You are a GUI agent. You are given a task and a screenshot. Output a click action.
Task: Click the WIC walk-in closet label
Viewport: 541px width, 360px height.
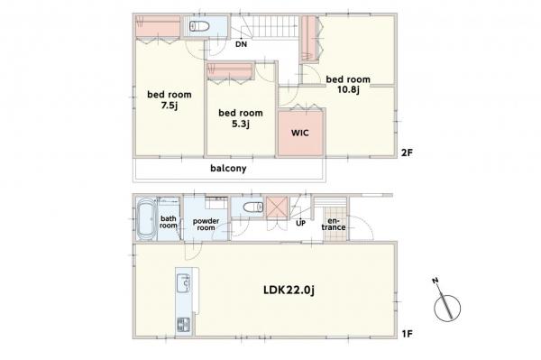coord(300,133)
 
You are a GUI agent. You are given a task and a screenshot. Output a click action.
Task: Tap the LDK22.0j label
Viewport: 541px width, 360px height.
coord(289,291)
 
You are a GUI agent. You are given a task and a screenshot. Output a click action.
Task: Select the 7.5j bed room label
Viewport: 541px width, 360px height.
coord(170,100)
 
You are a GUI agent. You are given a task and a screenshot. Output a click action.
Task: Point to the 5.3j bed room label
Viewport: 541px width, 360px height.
coord(241,118)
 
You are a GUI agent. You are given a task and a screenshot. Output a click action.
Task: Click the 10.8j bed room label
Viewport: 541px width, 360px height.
coord(348,85)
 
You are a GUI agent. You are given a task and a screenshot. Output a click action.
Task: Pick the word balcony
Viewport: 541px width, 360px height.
coord(228,169)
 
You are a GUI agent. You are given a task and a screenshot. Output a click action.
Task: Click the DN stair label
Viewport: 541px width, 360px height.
coord(241,44)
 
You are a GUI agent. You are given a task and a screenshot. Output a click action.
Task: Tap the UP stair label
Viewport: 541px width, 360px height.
coord(300,224)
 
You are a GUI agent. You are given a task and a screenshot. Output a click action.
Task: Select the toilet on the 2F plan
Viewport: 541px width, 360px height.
coord(199,26)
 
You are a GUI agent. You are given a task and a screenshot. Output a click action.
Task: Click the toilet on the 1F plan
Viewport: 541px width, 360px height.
coord(253,208)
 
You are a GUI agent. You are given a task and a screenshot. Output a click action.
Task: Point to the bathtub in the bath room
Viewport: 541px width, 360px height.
coord(146,218)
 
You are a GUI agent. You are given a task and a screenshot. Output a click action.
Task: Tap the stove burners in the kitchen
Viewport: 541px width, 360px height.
coord(183,325)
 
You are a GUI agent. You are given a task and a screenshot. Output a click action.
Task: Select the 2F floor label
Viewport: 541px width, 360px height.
coord(408,152)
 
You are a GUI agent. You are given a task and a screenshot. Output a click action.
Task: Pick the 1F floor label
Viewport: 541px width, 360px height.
coord(408,334)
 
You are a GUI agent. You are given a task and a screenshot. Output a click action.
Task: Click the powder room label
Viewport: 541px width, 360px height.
coord(206,225)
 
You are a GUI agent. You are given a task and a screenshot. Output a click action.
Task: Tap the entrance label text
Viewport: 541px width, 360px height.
coord(334,224)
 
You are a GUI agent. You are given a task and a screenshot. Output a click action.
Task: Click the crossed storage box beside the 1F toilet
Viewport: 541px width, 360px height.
coord(277,208)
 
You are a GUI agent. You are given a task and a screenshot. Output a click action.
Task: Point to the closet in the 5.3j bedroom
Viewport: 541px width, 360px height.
coord(230,71)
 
